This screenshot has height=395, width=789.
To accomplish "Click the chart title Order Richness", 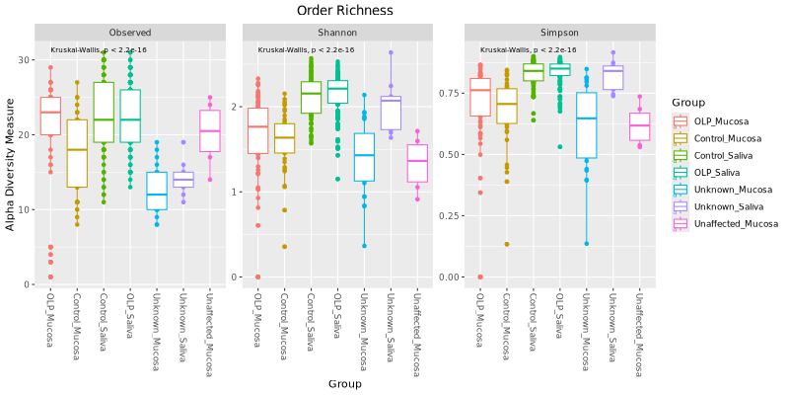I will click(x=345, y=10).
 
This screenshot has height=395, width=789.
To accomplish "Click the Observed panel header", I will click(x=130, y=33).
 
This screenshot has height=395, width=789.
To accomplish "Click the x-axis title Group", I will click(x=345, y=383).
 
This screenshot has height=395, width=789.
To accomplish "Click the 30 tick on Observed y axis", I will click(x=27, y=59).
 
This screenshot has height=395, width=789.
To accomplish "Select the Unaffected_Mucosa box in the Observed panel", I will click(x=209, y=130).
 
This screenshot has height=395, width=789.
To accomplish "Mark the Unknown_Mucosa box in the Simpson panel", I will click(x=587, y=125).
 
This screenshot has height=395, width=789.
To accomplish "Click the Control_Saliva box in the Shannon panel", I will click(x=311, y=97).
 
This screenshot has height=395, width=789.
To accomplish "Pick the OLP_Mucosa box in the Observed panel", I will click(x=50, y=116).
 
